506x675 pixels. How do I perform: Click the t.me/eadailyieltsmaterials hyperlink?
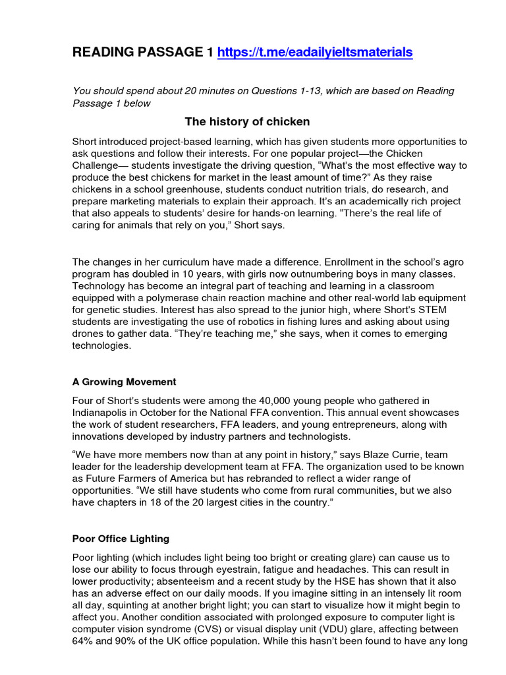tap(314, 52)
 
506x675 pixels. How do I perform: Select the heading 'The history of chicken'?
tap(247, 121)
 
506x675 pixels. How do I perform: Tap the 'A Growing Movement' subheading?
tap(124, 382)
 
